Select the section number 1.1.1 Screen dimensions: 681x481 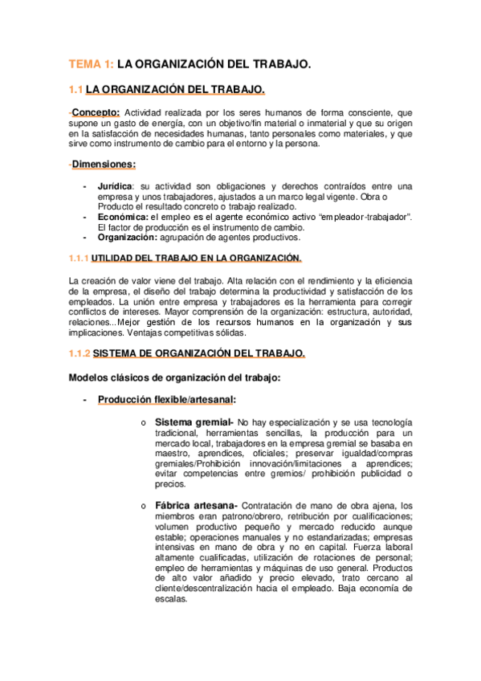coord(79,258)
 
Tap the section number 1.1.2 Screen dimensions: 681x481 coord(79,353)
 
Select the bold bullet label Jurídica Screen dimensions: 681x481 coord(115,186)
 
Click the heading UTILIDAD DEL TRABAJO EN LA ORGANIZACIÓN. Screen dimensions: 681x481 coord(198,258)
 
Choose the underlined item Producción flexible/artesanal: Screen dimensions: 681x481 coord(167,399)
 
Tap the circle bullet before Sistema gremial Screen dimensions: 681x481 coord(141,423)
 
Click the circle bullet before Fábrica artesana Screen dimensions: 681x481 coord(141,506)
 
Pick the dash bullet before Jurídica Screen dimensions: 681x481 coord(85,186)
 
